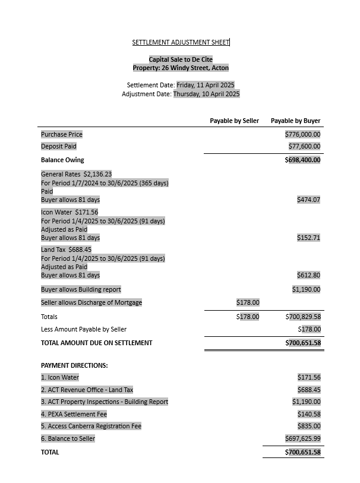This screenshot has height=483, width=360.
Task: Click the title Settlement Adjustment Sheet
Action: tap(181, 42)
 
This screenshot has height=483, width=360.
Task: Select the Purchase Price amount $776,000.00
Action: tap(302, 134)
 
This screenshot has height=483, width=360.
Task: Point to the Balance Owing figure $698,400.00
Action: tap(302, 160)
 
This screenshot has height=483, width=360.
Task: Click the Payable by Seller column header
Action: tap(234, 121)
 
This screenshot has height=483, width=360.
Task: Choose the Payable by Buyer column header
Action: tap(295, 121)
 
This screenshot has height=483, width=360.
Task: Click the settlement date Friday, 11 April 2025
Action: tap(206, 85)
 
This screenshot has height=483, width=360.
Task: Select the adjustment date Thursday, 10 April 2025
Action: tap(206, 94)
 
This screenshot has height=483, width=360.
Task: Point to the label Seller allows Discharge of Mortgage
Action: tap(91, 302)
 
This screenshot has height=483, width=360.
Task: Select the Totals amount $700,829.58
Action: tap(302, 317)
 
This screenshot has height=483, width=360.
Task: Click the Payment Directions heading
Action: tap(74, 365)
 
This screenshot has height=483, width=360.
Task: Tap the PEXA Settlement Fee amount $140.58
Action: tap(308, 414)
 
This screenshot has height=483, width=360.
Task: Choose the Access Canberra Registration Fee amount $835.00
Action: tap(308, 426)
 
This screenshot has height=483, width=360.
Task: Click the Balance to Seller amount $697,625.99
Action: tap(302, 438)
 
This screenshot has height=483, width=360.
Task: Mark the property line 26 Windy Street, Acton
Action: tap(181, 68)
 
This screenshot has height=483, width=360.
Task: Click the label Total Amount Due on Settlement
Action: tap(96, 343)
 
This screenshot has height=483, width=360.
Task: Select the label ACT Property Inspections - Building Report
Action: tap(105, 402)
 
